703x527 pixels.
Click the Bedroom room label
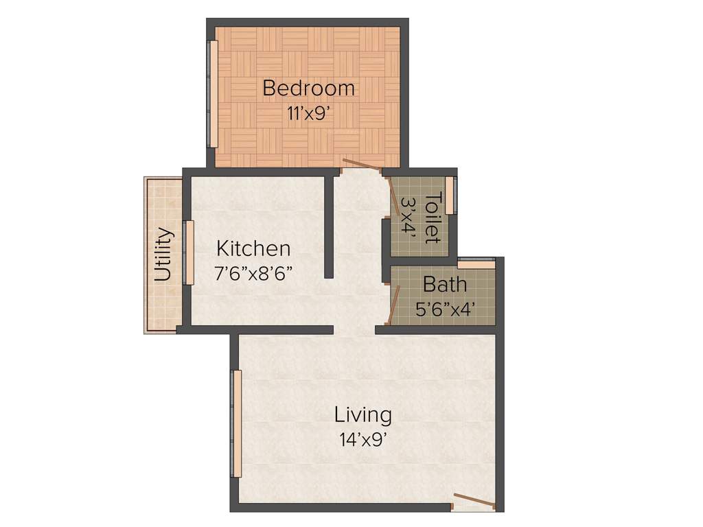(x=309, y=89)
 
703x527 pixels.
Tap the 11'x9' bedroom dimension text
(x=310, y=113)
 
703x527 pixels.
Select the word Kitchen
(x=253, y=248)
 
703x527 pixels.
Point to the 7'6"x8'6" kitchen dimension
(x=254, y=273)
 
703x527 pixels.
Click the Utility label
(x=163, y=255)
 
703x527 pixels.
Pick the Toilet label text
(x=433, y=218)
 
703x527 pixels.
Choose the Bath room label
(x=445, y=284)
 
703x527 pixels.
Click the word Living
(x=363, y=415)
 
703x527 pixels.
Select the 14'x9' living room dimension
(x=363, y=440)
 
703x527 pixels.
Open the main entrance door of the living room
(x=474, y=501)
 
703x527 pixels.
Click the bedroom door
(x=362, y=165)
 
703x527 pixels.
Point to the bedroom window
(x=214, y=94)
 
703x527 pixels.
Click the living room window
(x=237, y=423)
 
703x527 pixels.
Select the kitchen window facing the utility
(x=189, y=253)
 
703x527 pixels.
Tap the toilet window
(x=450, y=196)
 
